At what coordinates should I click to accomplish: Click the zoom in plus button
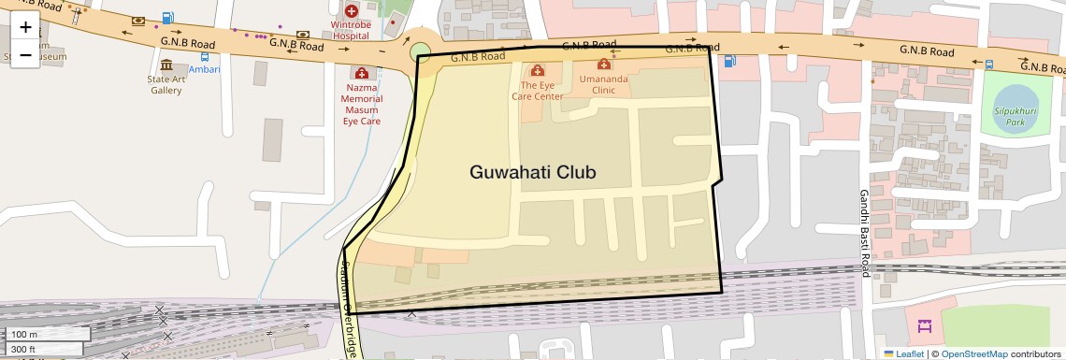pyautogui.click(x=25, y=27)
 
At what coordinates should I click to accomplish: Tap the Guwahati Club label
pyautogui.click(x=532, y=173)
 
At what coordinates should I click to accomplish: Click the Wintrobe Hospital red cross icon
pyautogui.click(x=352, y=10)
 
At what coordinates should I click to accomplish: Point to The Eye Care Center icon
pyautogui.click(x=538, y=70)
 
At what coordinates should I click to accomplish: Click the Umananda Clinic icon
pyautogui.click(x=604, y=65)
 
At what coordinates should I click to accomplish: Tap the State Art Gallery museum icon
pyautogui.click(x=166, y=65)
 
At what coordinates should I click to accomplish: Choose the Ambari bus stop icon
pyautogui.click(x=204, y=57)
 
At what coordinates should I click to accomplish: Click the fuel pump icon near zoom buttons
pyautogui.click(x=167, y=18)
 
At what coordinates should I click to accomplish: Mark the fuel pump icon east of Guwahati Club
pyautogui.click(x=729, y=62)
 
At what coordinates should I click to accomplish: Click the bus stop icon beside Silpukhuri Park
pyautogui.click(x=989, y=65)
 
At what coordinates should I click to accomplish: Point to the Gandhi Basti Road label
pyautogui.click(x=865, y=234)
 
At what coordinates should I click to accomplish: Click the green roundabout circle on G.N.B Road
pyautogui.click(x=420, y=50)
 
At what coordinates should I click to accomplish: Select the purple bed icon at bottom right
pyautogui.click(x=925, y=326)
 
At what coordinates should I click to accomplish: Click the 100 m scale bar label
pyautogui.click(x=25, y=335)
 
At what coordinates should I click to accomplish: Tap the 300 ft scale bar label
pyautogui.click(x=24, y=350)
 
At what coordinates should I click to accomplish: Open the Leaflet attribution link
pyautogui.click(x=904, y=353)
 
